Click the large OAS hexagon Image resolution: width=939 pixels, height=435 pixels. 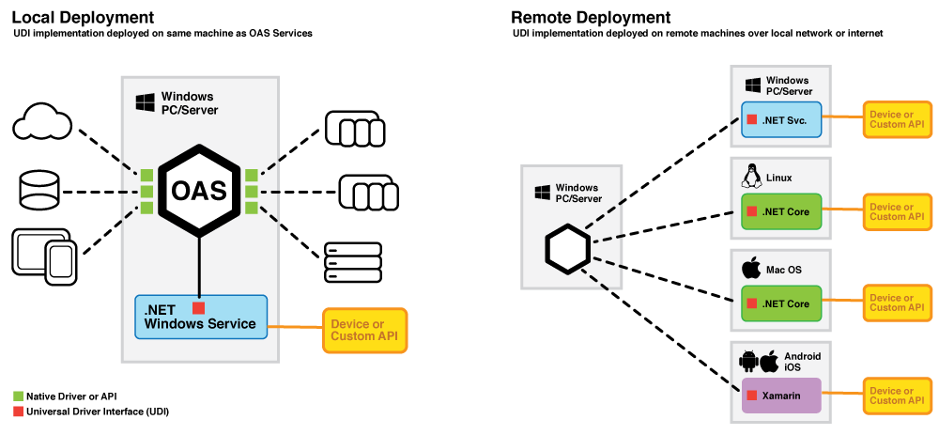[199, 191]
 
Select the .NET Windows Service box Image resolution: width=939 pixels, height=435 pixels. [201, 317]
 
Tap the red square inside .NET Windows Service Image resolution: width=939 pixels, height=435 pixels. [198, 308]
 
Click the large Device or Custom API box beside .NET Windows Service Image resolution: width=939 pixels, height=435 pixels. [365, 330]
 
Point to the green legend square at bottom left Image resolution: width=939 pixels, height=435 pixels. [18, 396]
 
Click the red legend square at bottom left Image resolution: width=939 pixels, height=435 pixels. [18, 412]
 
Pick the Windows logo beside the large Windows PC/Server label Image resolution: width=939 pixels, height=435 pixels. [145, 102]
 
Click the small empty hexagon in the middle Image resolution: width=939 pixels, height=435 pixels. [568, 249]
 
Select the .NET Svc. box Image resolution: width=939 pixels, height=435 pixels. [781, 120]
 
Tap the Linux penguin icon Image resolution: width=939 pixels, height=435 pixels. [751, 176]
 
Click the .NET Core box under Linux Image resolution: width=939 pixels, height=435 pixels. [781, 212]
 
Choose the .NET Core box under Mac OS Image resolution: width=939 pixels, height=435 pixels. [781, 303]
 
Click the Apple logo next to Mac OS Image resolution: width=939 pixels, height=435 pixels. [751, 269]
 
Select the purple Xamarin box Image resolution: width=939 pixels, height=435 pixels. [781, 396]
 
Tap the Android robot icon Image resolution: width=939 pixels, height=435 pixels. [748, 361]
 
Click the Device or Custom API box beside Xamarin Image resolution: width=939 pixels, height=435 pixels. [897, 396]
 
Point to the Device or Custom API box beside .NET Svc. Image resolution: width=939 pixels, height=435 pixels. [897, 119]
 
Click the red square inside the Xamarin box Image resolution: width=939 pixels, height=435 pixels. [751, 396]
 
